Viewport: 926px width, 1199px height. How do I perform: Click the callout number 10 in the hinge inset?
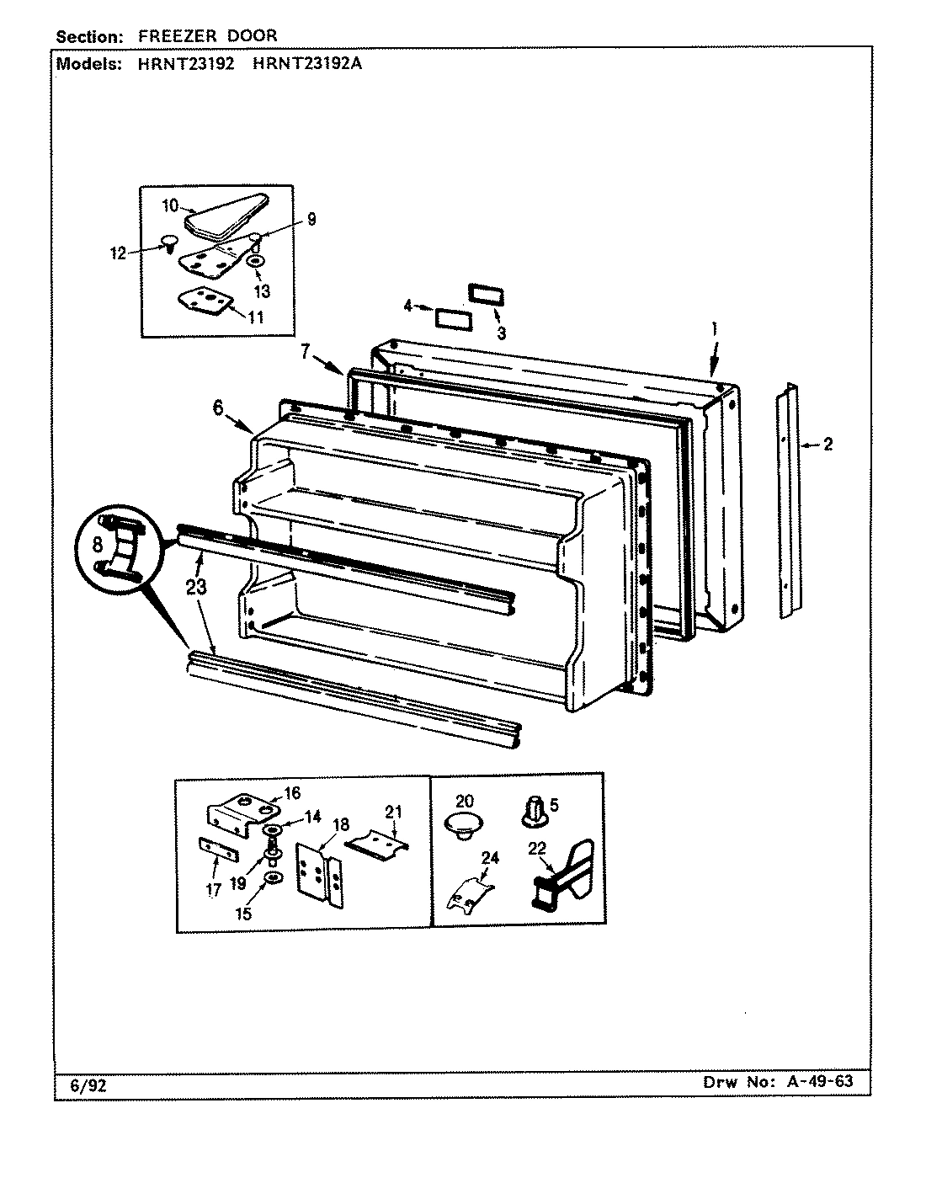169,205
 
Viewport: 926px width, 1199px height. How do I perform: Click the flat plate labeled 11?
201,301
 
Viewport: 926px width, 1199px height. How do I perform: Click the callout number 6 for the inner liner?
218,408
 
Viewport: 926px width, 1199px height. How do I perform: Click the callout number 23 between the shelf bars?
195,588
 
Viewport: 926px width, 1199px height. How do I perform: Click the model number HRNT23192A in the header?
306,64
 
